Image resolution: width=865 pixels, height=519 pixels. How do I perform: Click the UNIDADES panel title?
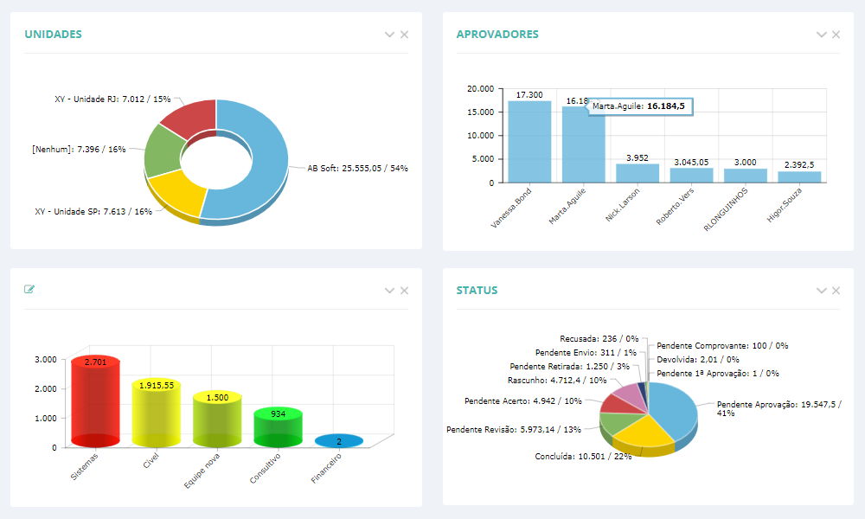(x=53, y=35)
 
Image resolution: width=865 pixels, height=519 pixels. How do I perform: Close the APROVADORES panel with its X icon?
(x=836, y=35)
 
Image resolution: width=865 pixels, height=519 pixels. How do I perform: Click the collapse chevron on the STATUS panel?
(x=821, y=291)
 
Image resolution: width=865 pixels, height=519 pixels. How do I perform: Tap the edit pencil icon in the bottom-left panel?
(x=29, y=290)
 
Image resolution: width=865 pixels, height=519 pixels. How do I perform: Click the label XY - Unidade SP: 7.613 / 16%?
(x=93, y=211)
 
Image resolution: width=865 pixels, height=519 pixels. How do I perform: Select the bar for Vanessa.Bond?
(x=529, y=142)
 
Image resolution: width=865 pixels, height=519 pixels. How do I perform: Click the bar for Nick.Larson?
(x=638, y=173)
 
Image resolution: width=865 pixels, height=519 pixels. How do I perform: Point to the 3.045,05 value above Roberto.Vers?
(x=691, y=162)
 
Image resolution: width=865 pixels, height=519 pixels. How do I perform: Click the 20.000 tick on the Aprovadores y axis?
(x=480, y=89)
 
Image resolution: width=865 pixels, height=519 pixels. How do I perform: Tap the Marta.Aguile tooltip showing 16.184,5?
(x=638, y=106)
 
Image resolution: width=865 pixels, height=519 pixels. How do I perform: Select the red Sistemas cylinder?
(x=95, y=402)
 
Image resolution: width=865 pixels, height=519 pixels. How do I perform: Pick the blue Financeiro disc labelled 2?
(x=339, y=441)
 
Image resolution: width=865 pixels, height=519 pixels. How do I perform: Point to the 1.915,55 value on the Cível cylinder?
(x=156, y=385)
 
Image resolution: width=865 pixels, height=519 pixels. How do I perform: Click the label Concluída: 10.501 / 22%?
(x=583, y=456)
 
